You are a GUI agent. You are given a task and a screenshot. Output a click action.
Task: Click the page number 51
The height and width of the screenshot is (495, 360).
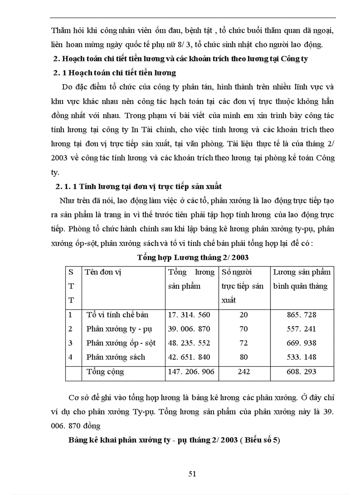(x=192, y=474)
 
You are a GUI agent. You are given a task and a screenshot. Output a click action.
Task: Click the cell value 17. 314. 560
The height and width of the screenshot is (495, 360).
(x=189, y=315)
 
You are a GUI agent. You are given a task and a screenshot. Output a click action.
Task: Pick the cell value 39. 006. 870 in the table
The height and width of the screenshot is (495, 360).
(x=189, y=329)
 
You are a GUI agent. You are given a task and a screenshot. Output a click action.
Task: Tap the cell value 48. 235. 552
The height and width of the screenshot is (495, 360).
(x=189, y=343)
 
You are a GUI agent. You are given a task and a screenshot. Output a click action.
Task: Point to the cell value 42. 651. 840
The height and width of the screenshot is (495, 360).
(x=189, y=357)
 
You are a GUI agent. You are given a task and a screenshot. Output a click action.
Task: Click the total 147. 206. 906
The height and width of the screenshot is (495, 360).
(x=191, y=372)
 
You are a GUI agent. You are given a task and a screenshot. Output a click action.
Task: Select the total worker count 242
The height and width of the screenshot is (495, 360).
(x=244, y=372)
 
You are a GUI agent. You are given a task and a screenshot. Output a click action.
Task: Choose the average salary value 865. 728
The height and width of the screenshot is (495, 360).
(x=301, y=315)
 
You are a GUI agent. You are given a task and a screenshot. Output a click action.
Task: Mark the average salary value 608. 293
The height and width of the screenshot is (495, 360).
(x=301, y=372)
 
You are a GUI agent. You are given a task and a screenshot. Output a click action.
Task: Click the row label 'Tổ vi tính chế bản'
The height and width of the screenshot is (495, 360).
(x=117, y=315)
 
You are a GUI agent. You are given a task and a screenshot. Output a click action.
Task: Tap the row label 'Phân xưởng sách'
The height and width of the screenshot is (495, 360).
(x=116, y=357)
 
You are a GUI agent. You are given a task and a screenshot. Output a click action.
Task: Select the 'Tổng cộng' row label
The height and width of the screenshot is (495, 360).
(x=105, y=372)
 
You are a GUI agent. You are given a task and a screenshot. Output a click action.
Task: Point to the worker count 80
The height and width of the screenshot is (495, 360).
(x=244, y=357)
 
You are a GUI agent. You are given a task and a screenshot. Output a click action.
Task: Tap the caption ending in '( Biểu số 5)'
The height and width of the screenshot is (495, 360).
(x=174, y=440)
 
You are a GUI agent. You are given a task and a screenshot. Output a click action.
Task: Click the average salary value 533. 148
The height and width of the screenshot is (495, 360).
(x=301, y=357)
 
